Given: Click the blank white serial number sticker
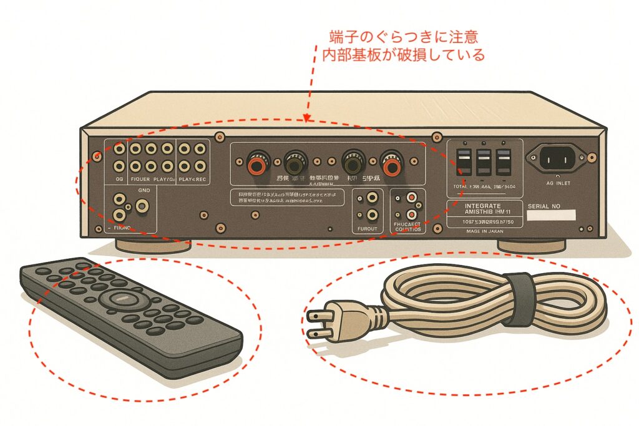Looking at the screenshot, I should coord(551,216).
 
